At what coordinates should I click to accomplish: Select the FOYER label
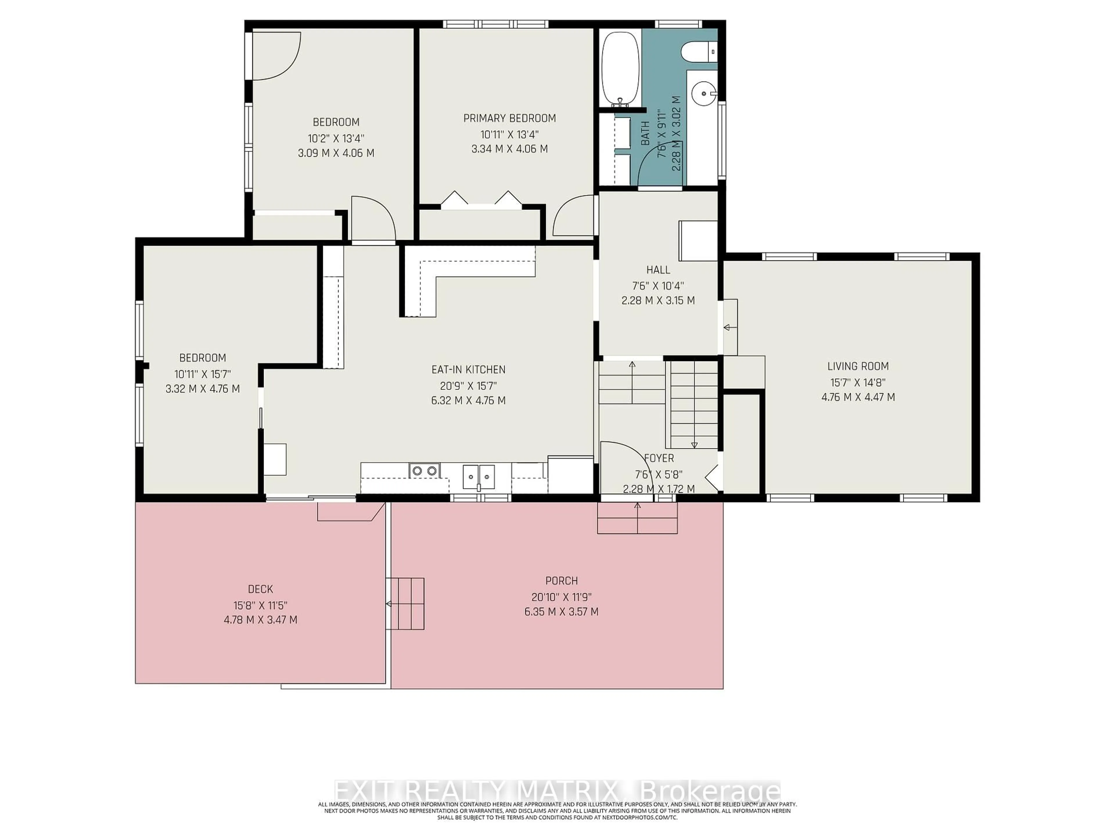pos(659,458)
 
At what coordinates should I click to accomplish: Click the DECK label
pos(260,589)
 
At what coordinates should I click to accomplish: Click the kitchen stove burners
pos(425,471)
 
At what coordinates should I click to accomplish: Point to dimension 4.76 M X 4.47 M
pos(858,397)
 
